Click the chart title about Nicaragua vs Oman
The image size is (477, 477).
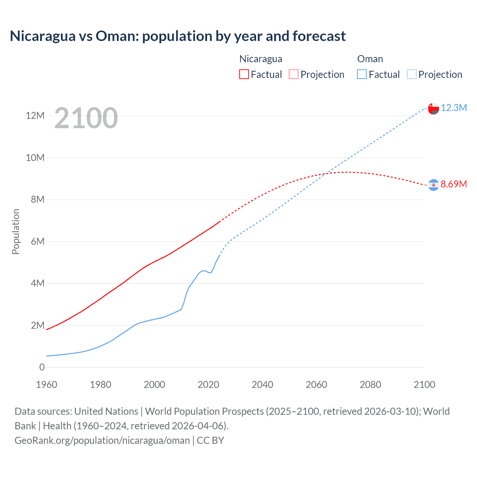pyautogui.click(x=178, y=36)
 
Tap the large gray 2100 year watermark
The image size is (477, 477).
pyautogui.click(x=86, y=118)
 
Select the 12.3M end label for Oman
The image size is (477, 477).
pyautogui.click(x=454, y=108)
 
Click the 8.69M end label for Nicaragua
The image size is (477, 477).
pyautogui.click(x=454, y=184)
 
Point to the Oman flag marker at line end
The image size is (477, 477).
pyautogui.click(x=433, y=108)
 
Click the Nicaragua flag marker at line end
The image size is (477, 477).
pyautogui.click(x=433, y=185)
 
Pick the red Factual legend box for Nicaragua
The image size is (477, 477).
pyautogui.click(x=244, y=75)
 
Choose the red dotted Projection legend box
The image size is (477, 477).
pyautogui.click(x=294, y=75)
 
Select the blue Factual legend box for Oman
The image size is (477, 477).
pyautogui.click(x=362, y=75)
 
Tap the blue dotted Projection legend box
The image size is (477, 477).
pyautogui.click(x=412, y=75)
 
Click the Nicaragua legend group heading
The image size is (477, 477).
pyautogui.click(x=260, y=59)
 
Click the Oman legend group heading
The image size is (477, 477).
pyautogui.click(x=370, y=59)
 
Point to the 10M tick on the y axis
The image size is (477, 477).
pyautogui.click(x=35, y=158)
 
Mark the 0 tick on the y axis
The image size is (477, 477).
pyautogui.click(x=42, y=367)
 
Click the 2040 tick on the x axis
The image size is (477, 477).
pyautogui.click(x=262, y=385)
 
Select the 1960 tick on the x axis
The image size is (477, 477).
pyautogui.click(x=47, y=385)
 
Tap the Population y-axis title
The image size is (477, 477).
pyautogui.click(x=16, y=231)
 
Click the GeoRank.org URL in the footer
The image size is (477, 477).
pyautogui.click(x=102, y=440)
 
